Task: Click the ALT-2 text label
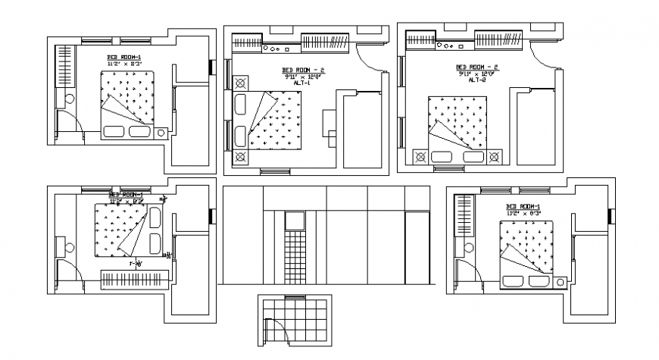click(x=476, y=80)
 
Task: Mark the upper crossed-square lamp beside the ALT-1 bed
click(x=241, y=83)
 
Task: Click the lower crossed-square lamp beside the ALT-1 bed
click(x=241, y=157)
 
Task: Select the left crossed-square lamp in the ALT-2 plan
click(x=419, y=158)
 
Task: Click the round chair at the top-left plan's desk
click(x=70, y=98)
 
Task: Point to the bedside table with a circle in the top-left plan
click(x=161, y=133)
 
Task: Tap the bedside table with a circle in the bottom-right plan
click(x=560, y=283)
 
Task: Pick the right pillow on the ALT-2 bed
click(x=473, y=157)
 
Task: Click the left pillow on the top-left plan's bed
click(x=115, y=132)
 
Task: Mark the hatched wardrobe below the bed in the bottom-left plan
click(x=133, y=277)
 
